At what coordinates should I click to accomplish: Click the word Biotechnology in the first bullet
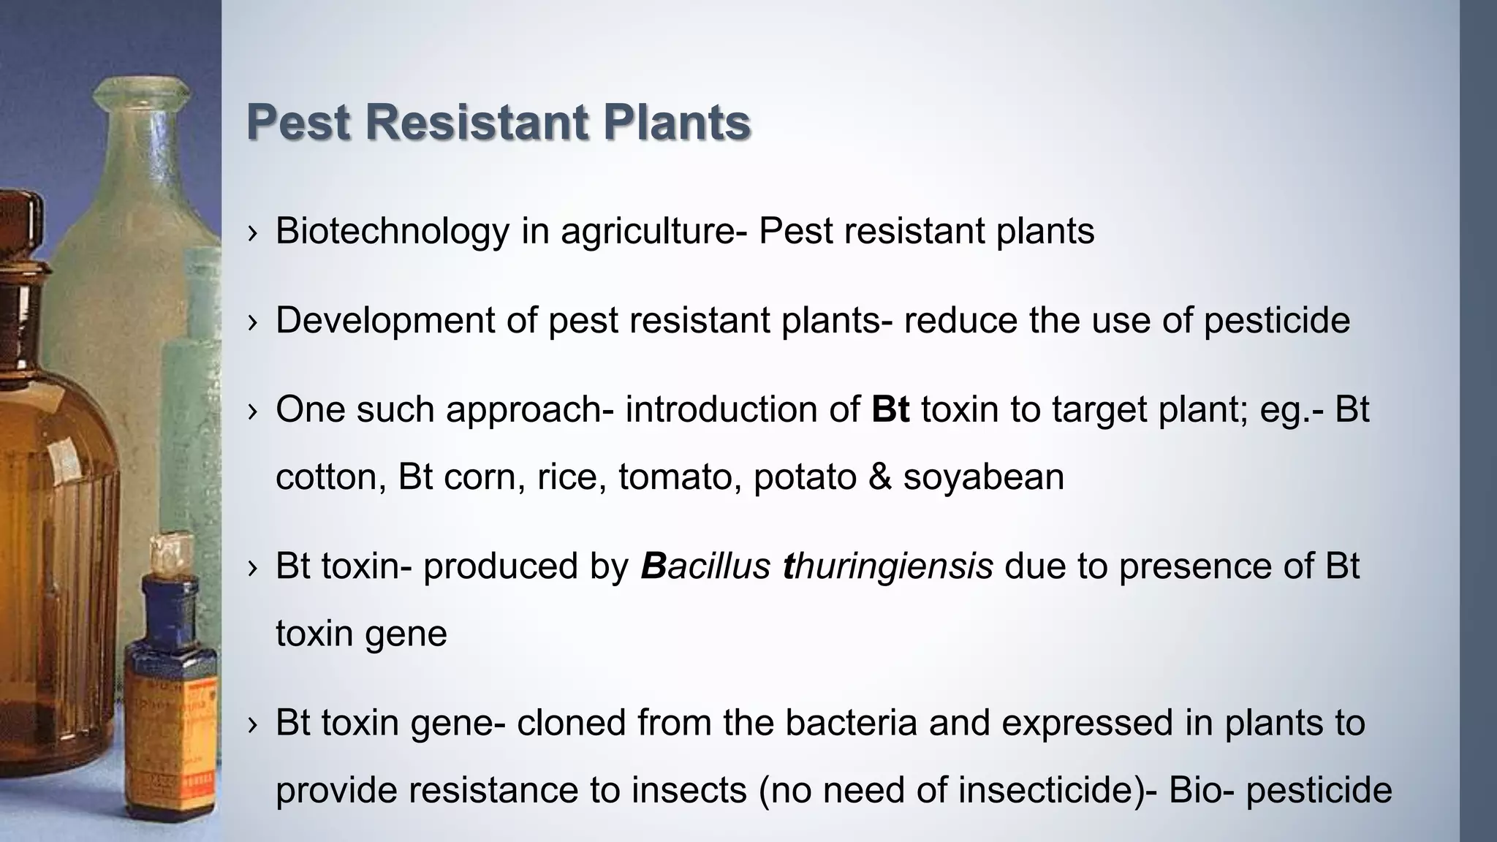pos(392,232)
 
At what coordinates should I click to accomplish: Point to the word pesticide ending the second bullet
pos(1276,321)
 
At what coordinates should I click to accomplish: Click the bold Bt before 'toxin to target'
pos(890,409)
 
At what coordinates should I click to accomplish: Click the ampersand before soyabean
pos(880,477)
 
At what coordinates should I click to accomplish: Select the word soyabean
pos(983,477)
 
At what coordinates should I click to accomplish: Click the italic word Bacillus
pos(705,566)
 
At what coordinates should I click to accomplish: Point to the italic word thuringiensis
pos(887,566)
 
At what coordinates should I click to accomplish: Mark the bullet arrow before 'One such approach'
pos(252,411)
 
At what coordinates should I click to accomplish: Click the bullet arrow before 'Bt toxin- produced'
pos(252,568)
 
